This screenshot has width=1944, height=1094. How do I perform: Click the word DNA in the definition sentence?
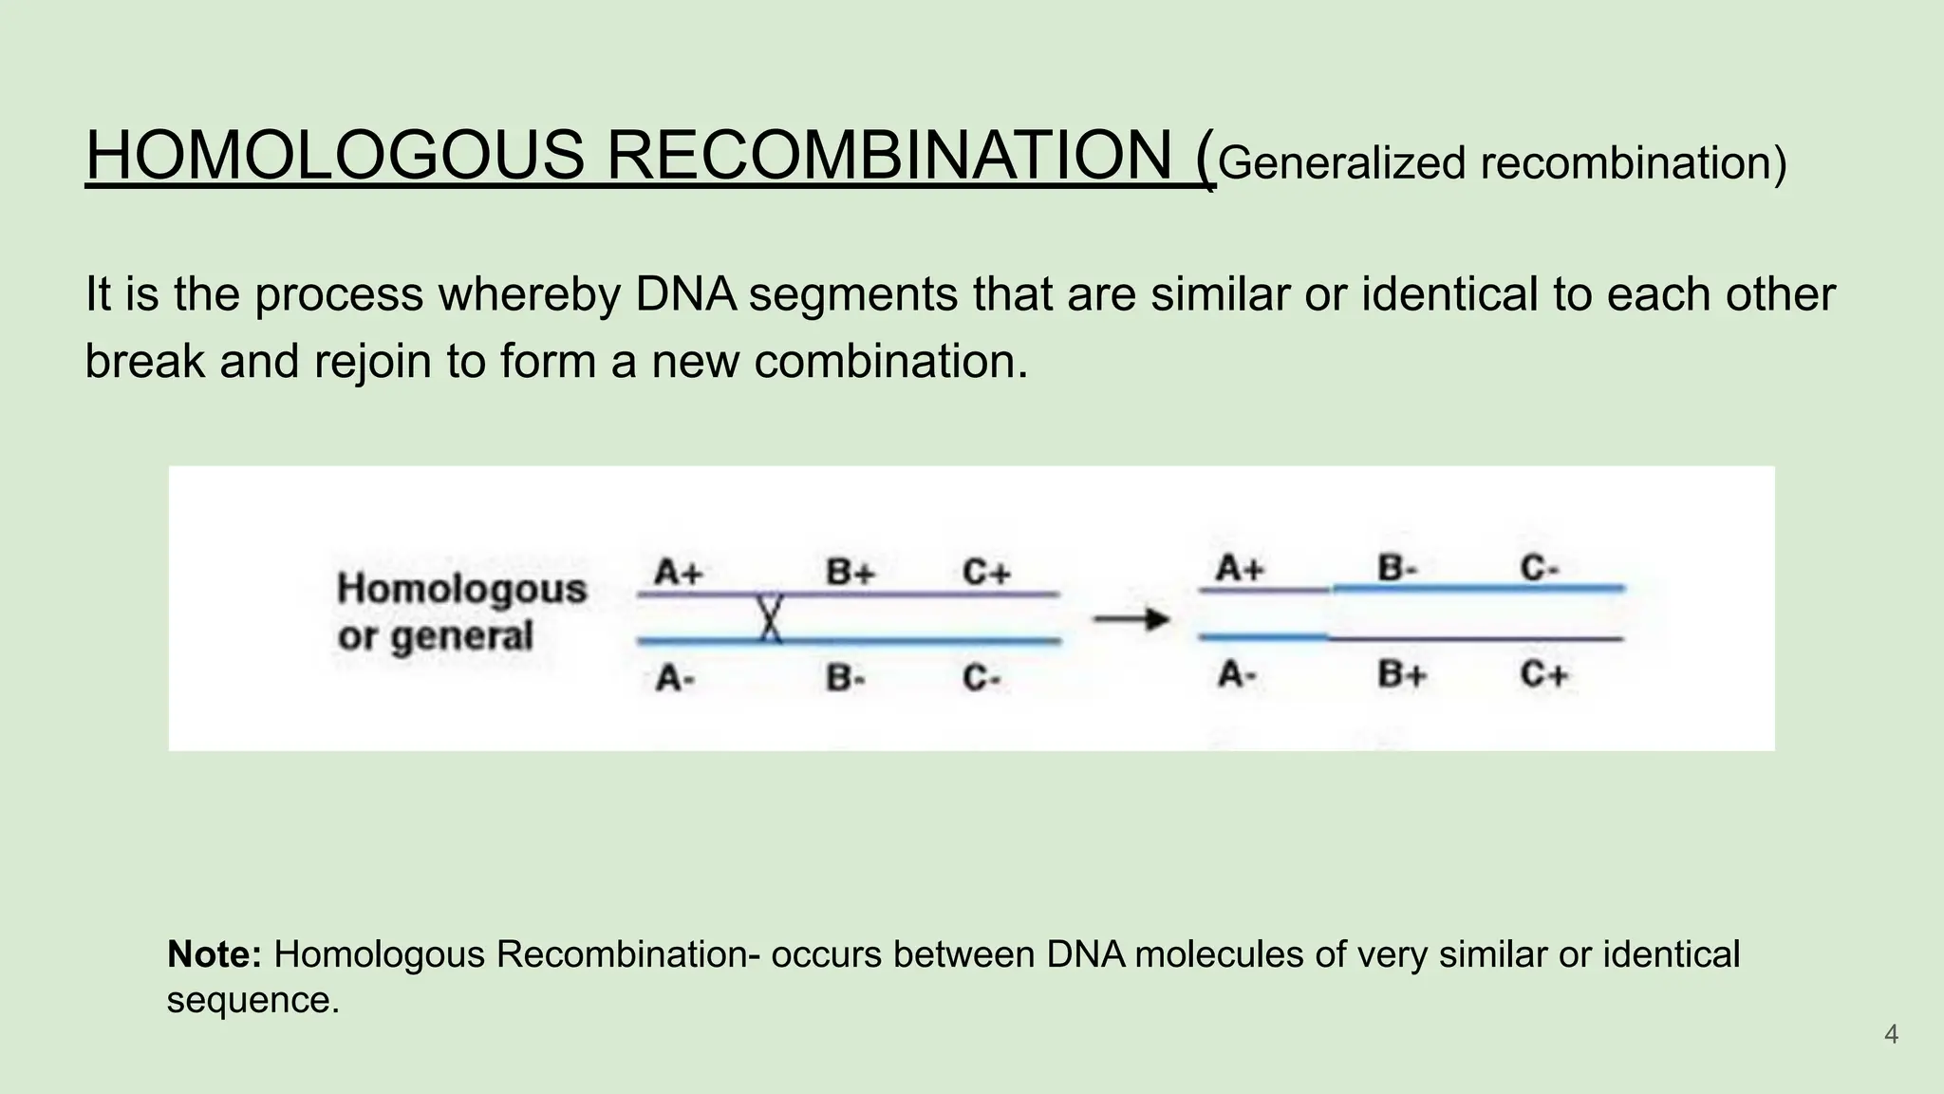(686, 294)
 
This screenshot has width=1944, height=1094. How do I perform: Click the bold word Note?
(215, 954)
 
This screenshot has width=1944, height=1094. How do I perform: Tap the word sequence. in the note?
(252, 1000)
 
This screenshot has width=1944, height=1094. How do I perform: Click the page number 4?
(1891, 1034)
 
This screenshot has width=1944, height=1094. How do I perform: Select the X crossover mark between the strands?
(770, 618)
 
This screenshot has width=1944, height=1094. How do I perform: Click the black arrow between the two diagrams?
(1131, 620)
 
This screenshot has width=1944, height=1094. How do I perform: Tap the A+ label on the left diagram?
(678, 573)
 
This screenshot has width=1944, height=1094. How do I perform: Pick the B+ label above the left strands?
(850, 573)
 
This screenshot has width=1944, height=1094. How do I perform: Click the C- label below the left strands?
(981, 678)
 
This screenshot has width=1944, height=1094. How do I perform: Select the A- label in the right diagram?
(1237, 675)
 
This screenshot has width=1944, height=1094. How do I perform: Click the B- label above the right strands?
(1397, 569)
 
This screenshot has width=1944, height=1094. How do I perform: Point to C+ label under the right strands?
(1543, 675)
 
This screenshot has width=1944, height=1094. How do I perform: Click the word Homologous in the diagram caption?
(462, 589)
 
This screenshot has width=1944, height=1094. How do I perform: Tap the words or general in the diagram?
(436, 636)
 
